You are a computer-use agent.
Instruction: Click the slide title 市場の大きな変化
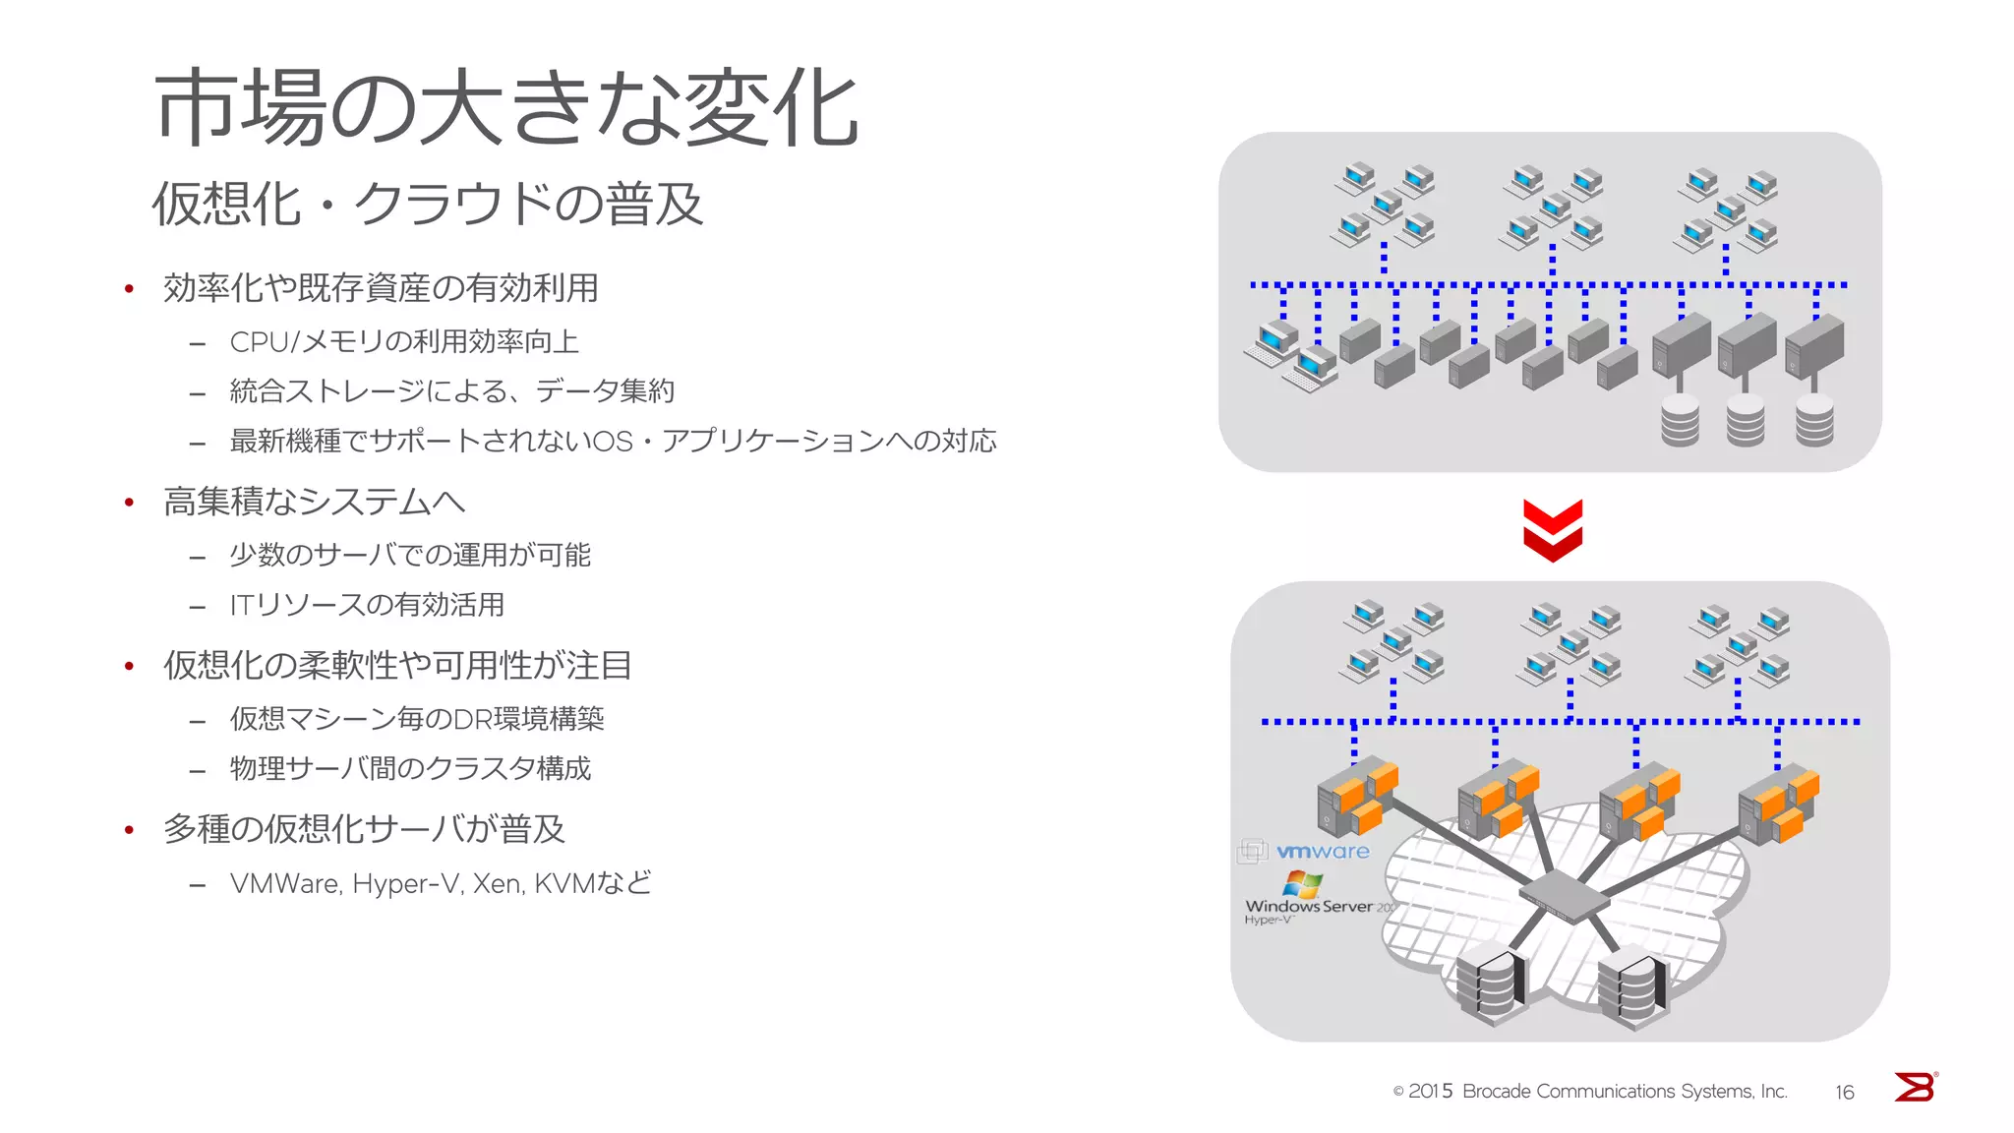click(506, 108)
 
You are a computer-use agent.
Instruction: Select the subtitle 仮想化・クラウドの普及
click(428, 205)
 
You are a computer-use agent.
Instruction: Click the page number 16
click(1844, 1092)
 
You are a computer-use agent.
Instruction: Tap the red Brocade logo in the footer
click(1915, 1087)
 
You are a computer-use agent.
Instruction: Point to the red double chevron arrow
click(1553, 531)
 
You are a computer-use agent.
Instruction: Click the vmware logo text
click(1322, 852)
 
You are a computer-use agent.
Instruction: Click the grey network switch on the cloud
click(1563, 896)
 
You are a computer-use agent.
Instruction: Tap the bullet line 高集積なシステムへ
click(314, 502)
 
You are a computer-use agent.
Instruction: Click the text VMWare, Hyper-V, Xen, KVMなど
click(441, 883)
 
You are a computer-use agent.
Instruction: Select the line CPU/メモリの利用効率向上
click(404, 342)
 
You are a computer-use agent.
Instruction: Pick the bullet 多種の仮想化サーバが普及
click(364, 829)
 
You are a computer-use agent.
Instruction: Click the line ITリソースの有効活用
click(367, 605)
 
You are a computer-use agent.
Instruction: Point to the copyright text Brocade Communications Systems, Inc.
click(1624, 1092)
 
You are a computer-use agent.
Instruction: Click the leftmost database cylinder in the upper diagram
click(1680, 420)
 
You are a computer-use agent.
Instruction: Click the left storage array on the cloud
click(1491, 984)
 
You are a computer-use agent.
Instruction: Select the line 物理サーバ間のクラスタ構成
click(410, 768)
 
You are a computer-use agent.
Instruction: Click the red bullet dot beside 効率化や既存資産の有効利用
click(129, 289)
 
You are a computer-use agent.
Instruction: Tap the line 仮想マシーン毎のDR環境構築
click(417, 719)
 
